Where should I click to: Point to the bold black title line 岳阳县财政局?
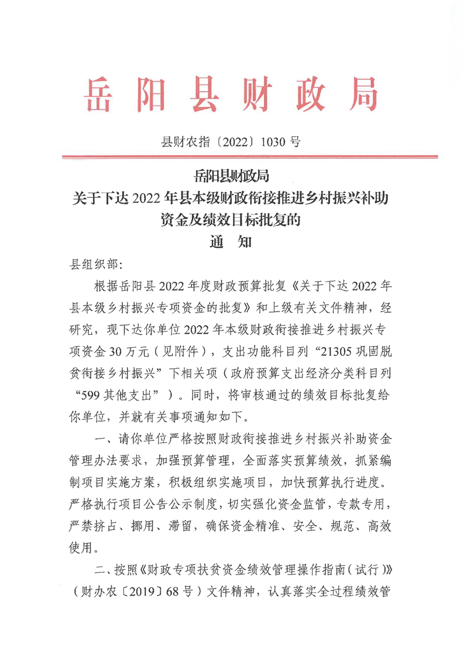(x=232, y=175)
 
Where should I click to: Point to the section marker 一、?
(x=101, y=438)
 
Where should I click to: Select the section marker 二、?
(x=101, y=568)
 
